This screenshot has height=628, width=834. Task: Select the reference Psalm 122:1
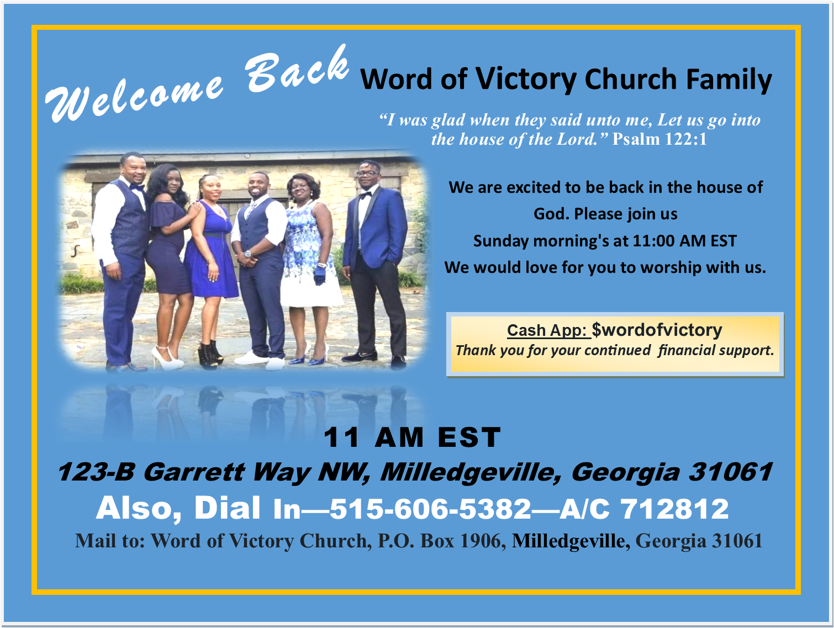659,139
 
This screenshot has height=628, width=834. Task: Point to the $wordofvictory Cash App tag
657,330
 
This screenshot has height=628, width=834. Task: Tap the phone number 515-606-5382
430,509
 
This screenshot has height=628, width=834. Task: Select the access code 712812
674,509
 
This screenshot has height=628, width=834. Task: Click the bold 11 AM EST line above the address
411,437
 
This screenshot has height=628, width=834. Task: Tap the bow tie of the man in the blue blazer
365,195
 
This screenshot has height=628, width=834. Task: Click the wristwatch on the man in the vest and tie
248,254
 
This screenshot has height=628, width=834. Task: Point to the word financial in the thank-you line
684,350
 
